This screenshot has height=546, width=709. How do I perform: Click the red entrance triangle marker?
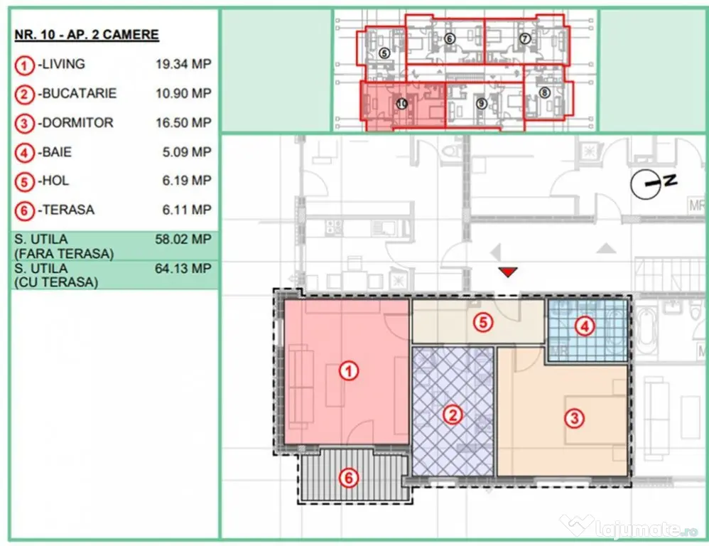pos(508,272)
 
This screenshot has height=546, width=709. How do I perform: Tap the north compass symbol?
pos(654,183)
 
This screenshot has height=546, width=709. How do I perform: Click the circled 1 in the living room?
pos(349,371)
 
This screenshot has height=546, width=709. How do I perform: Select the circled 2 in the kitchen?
pos(453,414)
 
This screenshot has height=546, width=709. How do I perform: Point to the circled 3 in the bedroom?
pos(574,418)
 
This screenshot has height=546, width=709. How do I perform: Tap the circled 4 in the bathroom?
pos(585,326)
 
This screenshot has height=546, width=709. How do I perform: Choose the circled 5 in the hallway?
pos(483,323)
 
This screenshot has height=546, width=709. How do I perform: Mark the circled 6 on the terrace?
pos(349,478)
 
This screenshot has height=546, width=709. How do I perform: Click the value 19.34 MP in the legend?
pos(183,64)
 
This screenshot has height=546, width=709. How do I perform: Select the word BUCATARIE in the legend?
pos(79,93)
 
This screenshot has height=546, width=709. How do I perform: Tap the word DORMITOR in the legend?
pos(77,122)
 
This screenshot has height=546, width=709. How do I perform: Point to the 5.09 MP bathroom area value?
pos(187,152)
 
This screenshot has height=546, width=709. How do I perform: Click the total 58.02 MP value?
pos(183,240)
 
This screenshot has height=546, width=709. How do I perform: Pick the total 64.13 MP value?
pos(183,268)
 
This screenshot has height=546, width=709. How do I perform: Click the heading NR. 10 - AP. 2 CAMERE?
pos(87,35)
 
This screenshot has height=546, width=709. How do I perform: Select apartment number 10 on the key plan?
pos(401,104)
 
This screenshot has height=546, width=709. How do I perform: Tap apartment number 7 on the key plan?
pos(524,38)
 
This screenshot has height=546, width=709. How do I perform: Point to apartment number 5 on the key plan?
pos(384,53)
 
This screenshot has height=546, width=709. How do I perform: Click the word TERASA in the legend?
pos(68,210)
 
